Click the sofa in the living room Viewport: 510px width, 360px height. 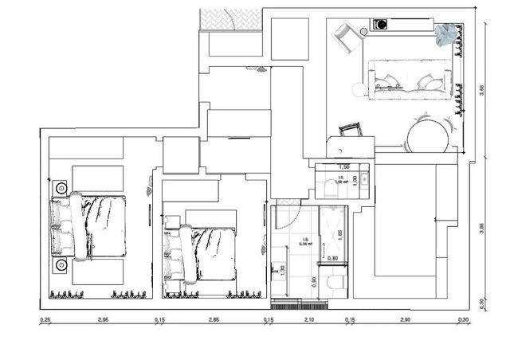411,80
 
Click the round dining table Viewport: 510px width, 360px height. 428,135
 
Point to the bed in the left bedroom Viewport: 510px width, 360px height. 90,226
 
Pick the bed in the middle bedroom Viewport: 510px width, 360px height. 201,253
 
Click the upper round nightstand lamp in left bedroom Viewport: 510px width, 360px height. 61,188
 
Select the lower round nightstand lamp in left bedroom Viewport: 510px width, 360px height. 61,265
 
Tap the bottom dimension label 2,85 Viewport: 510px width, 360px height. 214,319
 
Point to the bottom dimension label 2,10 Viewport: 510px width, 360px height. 309,319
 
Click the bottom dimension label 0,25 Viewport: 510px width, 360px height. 45,319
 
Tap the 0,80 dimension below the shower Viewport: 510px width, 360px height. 333,258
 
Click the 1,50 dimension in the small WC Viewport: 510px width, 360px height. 344,167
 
